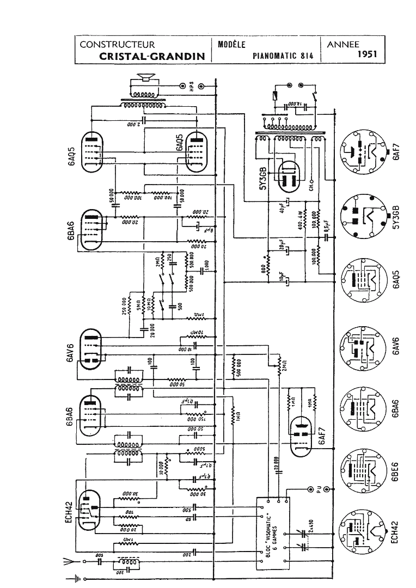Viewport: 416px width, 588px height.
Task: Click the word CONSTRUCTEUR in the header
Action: click(x=117, y=45)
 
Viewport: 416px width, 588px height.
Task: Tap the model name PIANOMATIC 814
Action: click(x=282, y=56)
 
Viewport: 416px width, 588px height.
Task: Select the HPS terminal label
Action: click(x=192, y=85)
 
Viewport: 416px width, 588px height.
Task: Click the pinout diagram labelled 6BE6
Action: click(x=361, y=470)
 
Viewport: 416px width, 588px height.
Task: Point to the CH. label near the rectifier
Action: click(x=312, y=188)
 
